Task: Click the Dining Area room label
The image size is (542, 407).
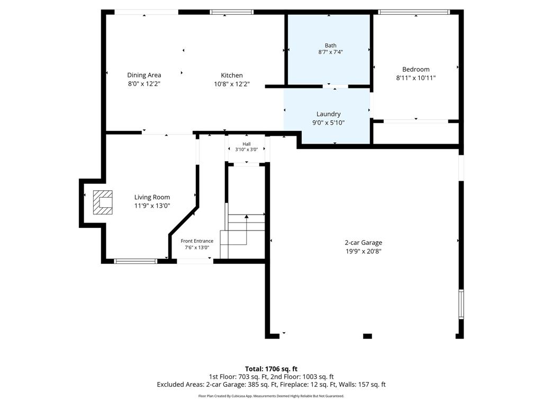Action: click(x=144, y=75)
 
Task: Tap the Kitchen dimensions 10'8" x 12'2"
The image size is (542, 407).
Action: click(x=232, y=84)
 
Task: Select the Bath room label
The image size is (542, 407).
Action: click(x=330, y=46)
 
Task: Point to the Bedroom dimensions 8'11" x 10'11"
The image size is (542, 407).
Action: click(x=416, y=78)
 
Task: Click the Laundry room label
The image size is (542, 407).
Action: click(x=328, y=114)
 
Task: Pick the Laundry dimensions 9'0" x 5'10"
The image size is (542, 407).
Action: click(x=328, y=122)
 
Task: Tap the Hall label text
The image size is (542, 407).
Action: click(x=247, y=144)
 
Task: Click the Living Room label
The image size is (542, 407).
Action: click(x=152, y=197)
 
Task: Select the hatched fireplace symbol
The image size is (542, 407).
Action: click(x=103, y=202)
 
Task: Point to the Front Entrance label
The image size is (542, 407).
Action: click(x=197, y=241)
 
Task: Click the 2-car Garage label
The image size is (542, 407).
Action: click(x=363, y=243)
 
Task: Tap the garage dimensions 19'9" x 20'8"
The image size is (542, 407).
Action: click(x=363, y=251)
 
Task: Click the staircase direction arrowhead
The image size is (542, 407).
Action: click(x=247, y=216)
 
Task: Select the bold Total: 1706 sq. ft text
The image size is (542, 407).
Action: click(x=271, y=369)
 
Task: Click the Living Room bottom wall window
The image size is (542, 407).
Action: click(x=135, y=261)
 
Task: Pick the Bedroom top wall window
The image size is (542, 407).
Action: click(x=414, y=12)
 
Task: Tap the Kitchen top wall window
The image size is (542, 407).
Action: click(x=232, y=12)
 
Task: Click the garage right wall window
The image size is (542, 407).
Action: click(x=461, y=304)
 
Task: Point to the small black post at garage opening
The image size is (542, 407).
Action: click(x=367, y=336)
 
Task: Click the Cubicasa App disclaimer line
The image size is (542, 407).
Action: click(x=271, y=396)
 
